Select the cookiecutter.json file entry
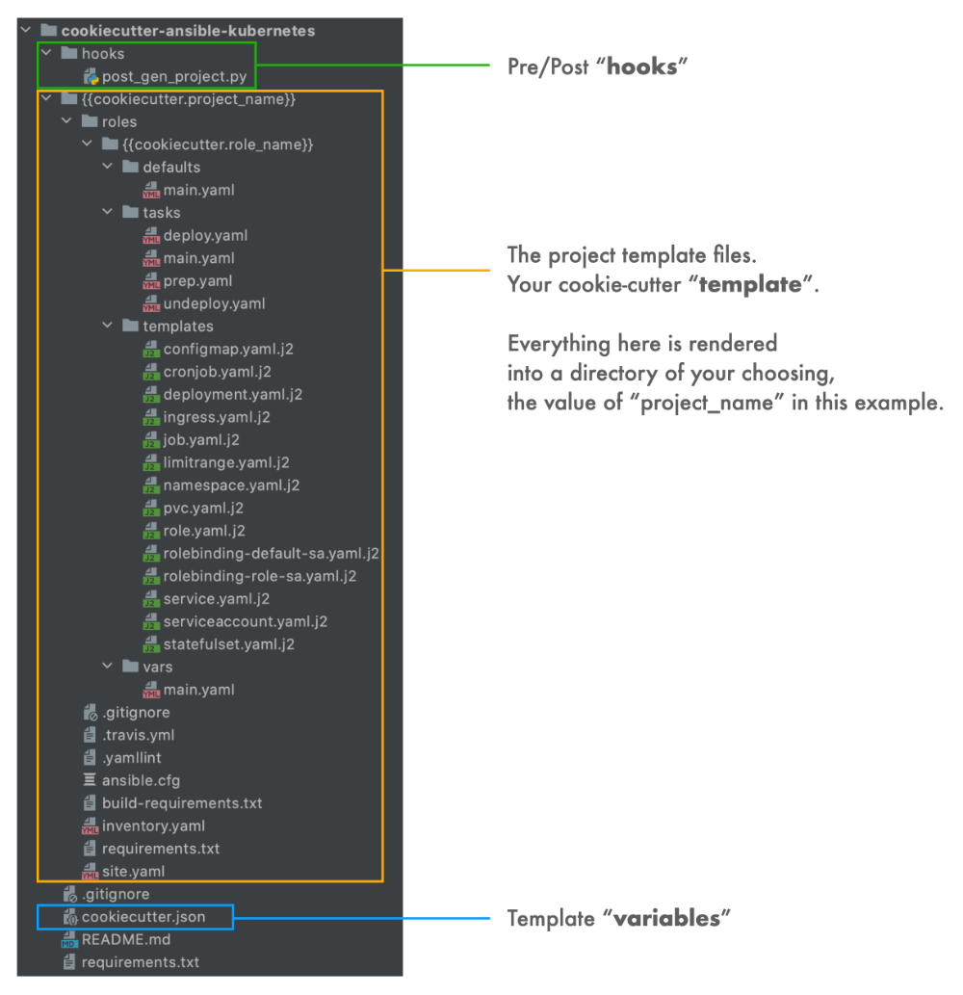click(x=143, y=916)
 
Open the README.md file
click(x=125, y=939)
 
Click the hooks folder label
click(x=103, y=54)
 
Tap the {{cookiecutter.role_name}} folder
click(x=219, y=144)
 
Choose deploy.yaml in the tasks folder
click(x=205, y=235)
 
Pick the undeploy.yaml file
click(x=214, y=303)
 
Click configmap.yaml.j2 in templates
click(x=227, y=349)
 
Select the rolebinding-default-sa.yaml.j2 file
click(x=271, y=553)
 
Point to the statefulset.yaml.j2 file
click(x=228, y=643)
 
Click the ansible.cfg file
click(x=141, y=780)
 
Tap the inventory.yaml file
click(x=153, y=825)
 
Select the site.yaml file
click(x=133, y=871)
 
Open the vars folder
click(x=159, y=667)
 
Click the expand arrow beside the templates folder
click(x=108, y=327)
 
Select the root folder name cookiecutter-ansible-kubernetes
click(x=188, y=31)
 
